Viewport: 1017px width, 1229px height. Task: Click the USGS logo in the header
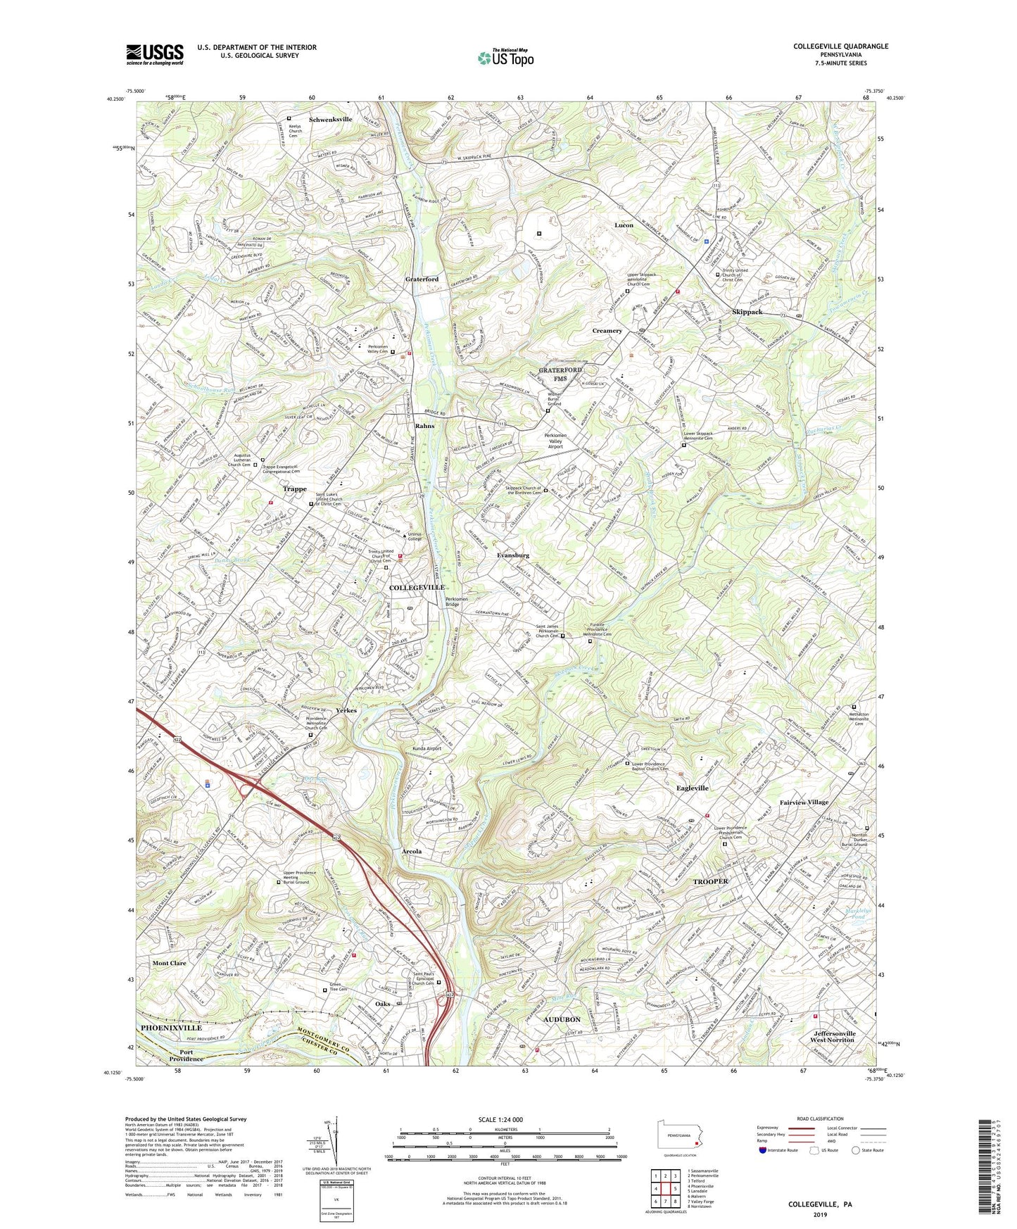pyautogui.click(x=155, y=53)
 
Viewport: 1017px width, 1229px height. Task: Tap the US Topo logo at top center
pyautogui.click(x=505, y=58)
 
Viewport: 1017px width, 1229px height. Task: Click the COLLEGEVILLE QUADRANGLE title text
pyautogui.click(x=840, y=46)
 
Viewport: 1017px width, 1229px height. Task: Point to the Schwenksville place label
pyautogui.click(x=330, y=120)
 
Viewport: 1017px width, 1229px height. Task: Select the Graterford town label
pyautogui.click(x=422, y=279)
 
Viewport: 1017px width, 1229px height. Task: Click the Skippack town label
pyautogui.click(x=747, y=312)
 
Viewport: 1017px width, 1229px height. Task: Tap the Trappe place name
pyautogui.click(x=294, y=489)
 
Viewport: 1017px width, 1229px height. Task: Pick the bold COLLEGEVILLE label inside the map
pyautogui.click(x=417, y=587)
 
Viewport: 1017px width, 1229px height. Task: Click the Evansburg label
pyautogui.click(x=513, y=555)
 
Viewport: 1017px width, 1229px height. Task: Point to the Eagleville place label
pyautogui.click(x=692, y=788)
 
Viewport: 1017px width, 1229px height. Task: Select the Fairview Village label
pyautogui.click(x=804, y=802)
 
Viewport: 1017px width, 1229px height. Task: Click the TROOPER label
pyautogui.click(x=710, y=881)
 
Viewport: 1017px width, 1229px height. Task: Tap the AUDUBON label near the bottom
pyautogui.click(x=562, y=1019)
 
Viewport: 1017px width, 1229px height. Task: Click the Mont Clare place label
pyautogui.click(x=170, y=963)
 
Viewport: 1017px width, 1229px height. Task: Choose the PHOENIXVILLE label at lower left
pyautogui.click(x=171, y=1028)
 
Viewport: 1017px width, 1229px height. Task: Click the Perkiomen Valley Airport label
pyautogui.click(x=564, y=441)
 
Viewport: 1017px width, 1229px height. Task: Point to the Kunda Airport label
pyautogui.click(x=427, y=748)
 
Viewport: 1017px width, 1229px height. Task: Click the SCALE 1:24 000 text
pyautogui.click(x=503, y=1120)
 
